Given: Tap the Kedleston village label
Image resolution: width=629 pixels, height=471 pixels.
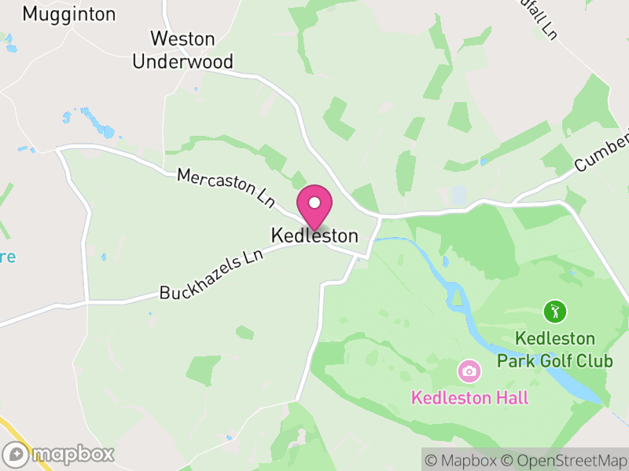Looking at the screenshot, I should coord(314,235).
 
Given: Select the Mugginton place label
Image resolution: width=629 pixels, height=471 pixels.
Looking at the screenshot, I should coord(69,14).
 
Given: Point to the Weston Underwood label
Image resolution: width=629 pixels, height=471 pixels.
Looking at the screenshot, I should coord(182,49).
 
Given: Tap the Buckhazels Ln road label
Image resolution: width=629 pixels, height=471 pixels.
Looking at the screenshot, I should coord(211,275).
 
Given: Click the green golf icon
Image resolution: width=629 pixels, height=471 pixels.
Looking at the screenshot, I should coord(554,312).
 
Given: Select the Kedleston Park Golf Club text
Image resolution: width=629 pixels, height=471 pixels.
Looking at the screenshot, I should coord(555,350).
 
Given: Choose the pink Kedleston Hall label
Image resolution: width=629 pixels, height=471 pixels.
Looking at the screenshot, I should coord(470,397).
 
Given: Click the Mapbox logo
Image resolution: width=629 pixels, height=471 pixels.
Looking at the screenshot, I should coord(59,454).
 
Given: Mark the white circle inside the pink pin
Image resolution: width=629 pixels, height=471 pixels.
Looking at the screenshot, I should coord(314,203).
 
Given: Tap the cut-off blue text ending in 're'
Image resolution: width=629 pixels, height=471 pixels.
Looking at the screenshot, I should coord(7,256).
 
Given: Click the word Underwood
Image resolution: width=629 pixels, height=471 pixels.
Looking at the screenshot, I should coord(182,61).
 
